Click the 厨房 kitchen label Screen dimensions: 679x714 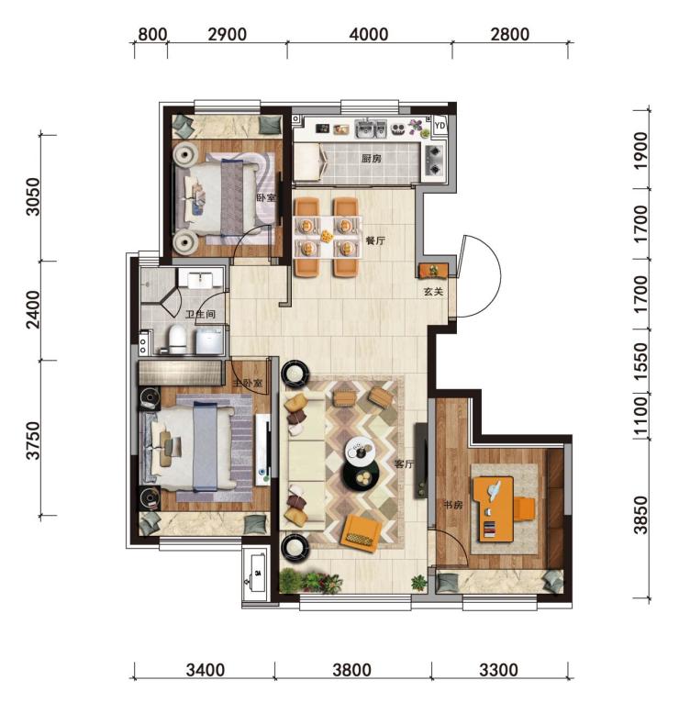[371, 159]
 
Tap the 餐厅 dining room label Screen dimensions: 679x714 [375, 240]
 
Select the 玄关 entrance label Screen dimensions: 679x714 [433, 292]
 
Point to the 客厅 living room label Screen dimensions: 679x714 [404, 464]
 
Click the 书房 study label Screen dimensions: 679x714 [453, 505]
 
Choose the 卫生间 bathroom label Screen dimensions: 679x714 [200, 314]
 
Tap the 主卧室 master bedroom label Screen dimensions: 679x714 [248, 384]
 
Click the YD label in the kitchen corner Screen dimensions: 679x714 [440, 125]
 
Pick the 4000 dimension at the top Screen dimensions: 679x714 [369, 35]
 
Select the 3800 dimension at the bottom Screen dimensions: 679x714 [351, 670]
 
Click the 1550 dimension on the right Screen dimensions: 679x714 [640, 362]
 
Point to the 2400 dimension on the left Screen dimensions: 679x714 [33, 309]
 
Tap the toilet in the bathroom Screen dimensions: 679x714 [176, 340]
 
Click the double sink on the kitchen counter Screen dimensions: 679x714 [371, 128]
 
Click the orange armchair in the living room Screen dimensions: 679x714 [362, 533]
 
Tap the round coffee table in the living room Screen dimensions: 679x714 [361, 475]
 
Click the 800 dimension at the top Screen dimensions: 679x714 [152, 35]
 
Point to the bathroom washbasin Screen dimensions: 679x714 [200, 278]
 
